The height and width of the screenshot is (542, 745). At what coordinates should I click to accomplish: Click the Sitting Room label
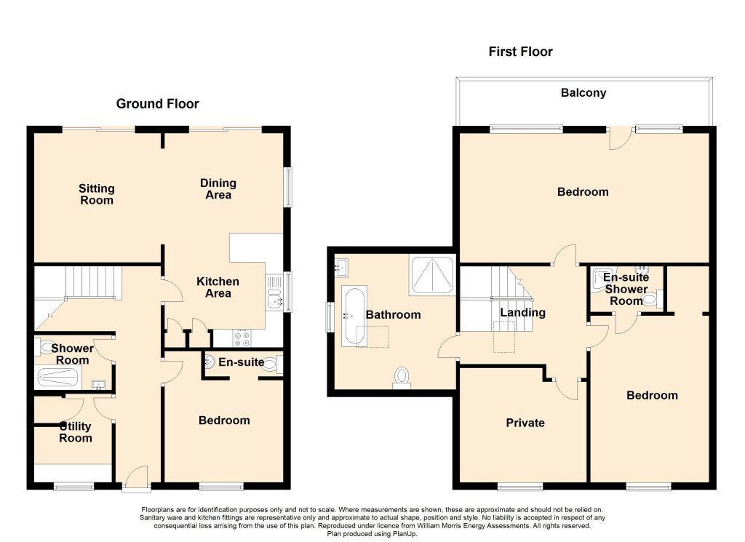[97, 194]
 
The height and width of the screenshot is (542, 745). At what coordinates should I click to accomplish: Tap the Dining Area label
[218, 188]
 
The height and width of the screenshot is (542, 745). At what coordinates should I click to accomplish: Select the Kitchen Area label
[218, 287]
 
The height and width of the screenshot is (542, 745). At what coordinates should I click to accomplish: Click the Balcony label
[583, 92]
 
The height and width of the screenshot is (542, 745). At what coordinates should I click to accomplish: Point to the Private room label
[525, 423]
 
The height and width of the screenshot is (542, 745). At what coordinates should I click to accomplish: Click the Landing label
[522, 313]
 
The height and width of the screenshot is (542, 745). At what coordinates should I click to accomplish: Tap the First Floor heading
[520, 52]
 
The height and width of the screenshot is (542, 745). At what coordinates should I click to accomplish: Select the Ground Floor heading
[157, 103]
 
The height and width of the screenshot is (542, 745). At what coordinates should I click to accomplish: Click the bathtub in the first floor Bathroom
[354, 316]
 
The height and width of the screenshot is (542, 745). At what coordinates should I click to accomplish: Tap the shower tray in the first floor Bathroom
[432, 276]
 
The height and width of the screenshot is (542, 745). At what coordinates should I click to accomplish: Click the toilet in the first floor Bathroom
[402, 378]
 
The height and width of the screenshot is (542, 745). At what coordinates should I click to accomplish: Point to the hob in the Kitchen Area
[242, 338]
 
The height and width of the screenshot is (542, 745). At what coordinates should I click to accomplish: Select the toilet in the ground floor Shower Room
[44, 347]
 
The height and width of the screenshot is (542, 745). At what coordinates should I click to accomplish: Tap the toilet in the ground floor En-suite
[271, 364]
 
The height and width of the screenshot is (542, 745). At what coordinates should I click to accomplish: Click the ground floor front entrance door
[137, 477]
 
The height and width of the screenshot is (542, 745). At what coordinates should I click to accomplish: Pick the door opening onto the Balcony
[621, 138]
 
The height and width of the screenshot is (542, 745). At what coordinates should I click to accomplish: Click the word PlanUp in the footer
[402, 534]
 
